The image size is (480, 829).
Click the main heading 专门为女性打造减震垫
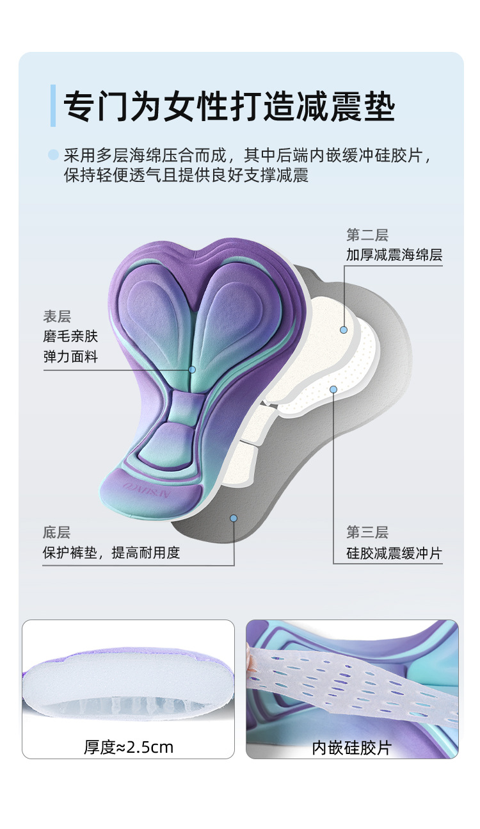(229, 105)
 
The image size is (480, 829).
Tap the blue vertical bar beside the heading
(53, 105)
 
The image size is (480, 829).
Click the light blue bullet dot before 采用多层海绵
(54, 154)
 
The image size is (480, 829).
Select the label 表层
(57, 316)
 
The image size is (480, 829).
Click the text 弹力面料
(71, 357)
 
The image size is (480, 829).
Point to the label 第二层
(367, 235)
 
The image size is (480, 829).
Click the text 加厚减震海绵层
(394, 255)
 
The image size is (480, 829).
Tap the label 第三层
(367, 532)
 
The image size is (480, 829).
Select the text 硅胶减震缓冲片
(394, 553)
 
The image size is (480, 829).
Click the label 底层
(57, 532)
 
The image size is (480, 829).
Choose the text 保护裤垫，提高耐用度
(111, 553)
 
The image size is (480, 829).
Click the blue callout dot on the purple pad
(192, 370)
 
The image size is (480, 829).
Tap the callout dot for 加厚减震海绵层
(344, 329)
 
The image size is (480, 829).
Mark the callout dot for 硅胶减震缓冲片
(333, 389)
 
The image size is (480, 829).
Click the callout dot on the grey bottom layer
(234, 518)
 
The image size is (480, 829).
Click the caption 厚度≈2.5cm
(129, 747)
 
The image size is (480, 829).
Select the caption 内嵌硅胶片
(351, 747)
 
